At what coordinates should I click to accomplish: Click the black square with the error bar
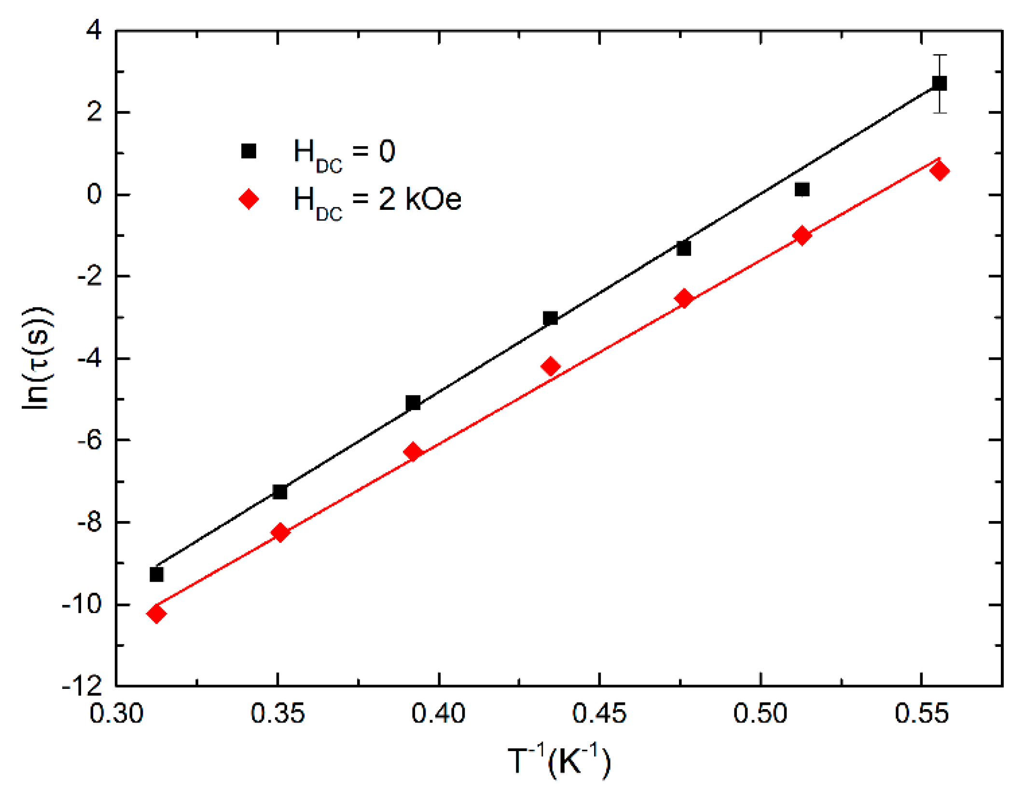click(x=939, y=83)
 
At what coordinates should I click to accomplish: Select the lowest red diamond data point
click(x=156, y=614)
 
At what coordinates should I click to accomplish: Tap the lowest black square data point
click(x=156, y=575)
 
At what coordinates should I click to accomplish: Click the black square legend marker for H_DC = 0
click(x=249, y=151)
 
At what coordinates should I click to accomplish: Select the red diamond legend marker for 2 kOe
click(x=249, y=199)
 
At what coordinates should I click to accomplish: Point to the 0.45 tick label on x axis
click(x=599, y=713)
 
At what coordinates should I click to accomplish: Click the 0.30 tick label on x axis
click(x=116, y=713)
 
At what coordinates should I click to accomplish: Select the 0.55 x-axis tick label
click(x=921, y=713)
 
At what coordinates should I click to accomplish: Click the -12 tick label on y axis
click(x=82, y=685)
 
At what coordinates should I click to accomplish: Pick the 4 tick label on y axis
click(x=94, y=30)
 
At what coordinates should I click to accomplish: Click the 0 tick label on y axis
click(x=94, y=194)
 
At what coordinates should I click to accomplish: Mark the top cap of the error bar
click(x=939, y=55)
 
